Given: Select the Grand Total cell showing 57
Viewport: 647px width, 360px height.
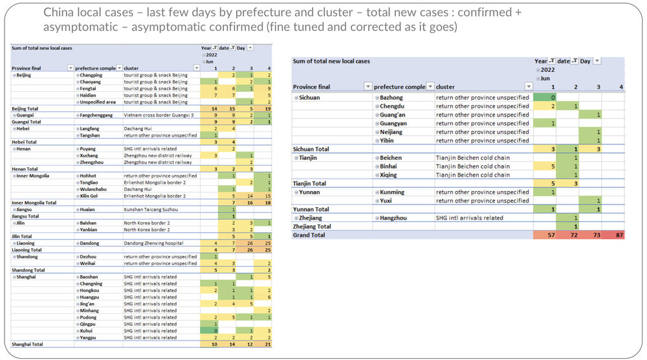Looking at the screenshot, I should point(544,235).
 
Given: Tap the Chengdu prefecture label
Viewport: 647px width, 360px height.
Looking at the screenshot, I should point(391,106).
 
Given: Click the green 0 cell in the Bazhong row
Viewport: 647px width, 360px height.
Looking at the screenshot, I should point(544,96).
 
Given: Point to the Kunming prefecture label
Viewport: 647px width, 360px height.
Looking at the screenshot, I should point(392,192).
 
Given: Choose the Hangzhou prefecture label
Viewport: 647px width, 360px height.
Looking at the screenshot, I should point(393,218).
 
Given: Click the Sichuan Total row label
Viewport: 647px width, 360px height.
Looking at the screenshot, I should point(313,149).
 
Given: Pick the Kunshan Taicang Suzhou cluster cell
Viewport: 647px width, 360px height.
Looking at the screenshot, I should point(150,209).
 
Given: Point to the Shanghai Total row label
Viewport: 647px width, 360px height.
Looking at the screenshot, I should point(28,344).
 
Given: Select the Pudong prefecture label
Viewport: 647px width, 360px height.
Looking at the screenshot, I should point(89,317).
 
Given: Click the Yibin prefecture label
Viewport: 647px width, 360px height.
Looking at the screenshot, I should point(388,141).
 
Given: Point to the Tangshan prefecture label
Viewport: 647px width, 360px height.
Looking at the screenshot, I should point(91,135).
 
